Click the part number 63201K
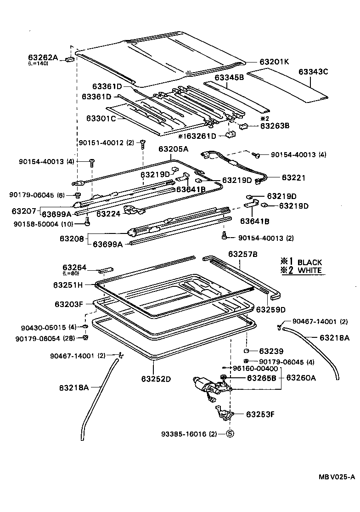[274, 62]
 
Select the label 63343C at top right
[313, 72]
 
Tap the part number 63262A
[43, 57]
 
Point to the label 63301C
[101, 118]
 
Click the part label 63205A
[174, 149]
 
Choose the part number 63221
[293, 177]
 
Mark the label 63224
[108, 214]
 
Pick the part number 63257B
[242, 254]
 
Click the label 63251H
[68, 284]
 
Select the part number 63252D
[156, 379]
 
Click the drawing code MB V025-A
[337, 477]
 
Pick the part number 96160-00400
[255, 369]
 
